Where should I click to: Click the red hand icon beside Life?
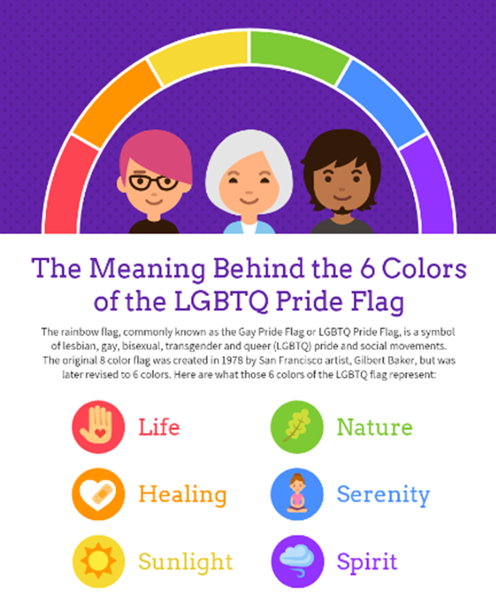coord(99,427)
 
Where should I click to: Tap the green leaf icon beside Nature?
coord(296,427)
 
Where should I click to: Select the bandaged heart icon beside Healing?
coord(99,494)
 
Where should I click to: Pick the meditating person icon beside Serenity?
coord(296,494)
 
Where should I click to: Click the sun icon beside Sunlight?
coord(99,561)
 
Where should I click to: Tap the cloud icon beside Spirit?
coord(296,561)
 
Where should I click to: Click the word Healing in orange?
coord(183,495)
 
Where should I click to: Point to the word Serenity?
coord(383,495)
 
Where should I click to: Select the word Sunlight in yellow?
coord(185,562)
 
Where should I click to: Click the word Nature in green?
coord(375,428)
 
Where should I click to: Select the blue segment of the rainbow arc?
coord(381,101)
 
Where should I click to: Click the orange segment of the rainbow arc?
coord(115,102)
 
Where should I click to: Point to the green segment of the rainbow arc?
coord(298,54)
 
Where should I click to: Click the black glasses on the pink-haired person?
coord(153,182)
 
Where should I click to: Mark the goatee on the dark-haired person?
coord(342,210)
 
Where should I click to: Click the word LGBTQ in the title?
coord(221,301)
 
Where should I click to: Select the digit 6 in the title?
coord(368,268)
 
